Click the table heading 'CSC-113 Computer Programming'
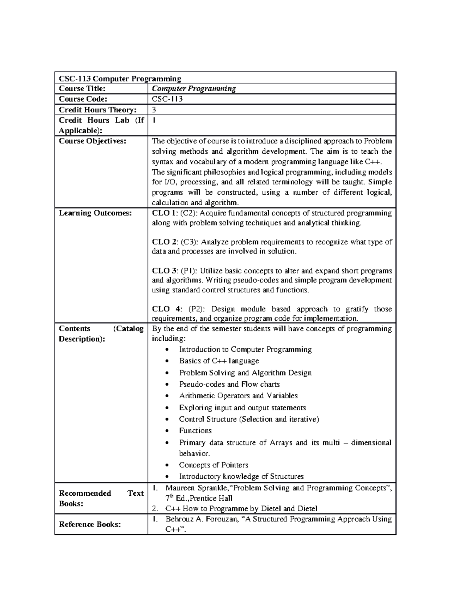(120, 79)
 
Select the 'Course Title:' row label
(82, 89)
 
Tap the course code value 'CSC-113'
(167, 99)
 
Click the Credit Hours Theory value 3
(154, 110)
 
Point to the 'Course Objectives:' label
(92, 141)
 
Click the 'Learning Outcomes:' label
(95, 213)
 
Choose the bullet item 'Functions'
(195, 431)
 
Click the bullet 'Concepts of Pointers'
(213, 465)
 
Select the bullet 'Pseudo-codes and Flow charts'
(229, 384)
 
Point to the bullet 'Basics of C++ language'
(219, 361)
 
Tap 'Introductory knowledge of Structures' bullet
(241, 477)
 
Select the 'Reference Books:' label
(90, 524)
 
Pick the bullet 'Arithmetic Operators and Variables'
(238, 396)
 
